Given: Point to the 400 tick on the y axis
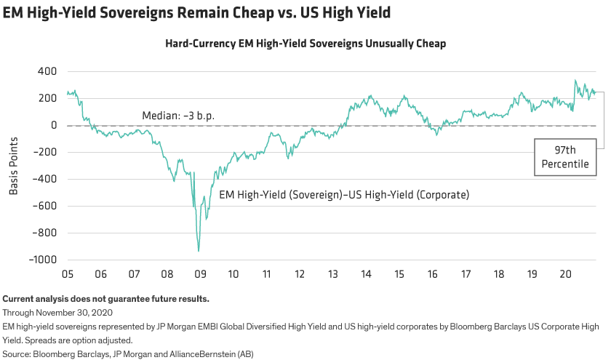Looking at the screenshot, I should tap(47, 72).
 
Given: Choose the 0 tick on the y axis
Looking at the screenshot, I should tap(53, 126).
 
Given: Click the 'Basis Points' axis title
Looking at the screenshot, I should tap(14, 165).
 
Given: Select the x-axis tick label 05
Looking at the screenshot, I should tap(67, 274).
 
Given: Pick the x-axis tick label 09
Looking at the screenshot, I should tap(199, 274).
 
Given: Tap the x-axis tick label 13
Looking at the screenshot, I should tap(332, 274).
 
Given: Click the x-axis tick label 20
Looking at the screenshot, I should tap(564, 274).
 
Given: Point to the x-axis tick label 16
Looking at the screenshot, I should tap(432, 274).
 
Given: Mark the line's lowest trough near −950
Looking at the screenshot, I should tap(199, 252).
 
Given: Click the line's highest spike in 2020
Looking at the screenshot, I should tap(575, 80).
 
